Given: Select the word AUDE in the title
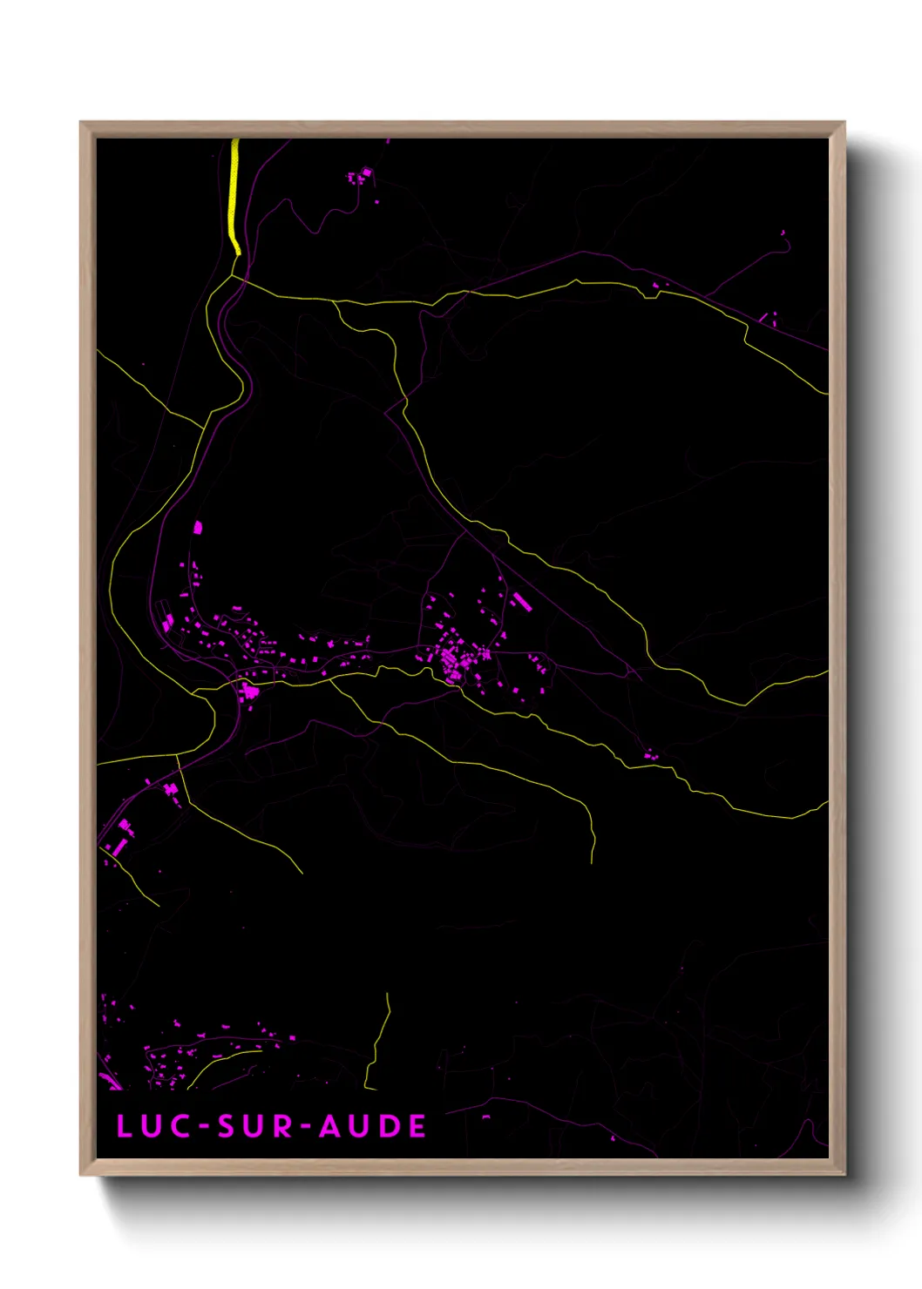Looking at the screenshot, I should [372, 1126].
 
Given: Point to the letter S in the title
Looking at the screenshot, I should [227, 1126].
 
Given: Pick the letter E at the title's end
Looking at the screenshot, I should [417, 1126].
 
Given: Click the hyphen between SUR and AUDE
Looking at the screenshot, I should [306, 1127].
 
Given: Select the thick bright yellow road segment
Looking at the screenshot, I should [234, 196].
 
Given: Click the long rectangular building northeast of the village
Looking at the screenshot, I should [521, 601].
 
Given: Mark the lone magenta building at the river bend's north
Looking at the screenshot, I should [197, 527].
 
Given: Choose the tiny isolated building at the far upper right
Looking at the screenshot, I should [783, 233].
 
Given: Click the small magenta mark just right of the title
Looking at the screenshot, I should [485, 1117].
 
